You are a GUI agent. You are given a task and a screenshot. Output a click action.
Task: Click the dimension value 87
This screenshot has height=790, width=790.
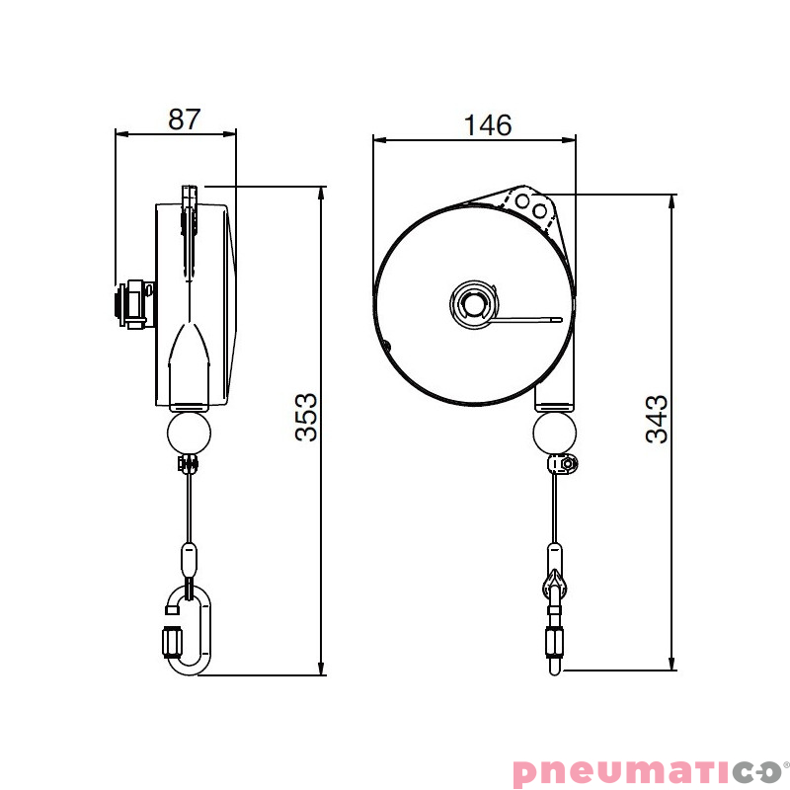point(184,118)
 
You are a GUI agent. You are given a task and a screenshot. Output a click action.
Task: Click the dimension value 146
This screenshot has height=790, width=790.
point(488,124)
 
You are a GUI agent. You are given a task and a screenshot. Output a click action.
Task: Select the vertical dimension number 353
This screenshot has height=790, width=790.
point(306,417)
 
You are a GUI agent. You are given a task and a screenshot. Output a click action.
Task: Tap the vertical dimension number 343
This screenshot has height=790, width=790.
point(657,419)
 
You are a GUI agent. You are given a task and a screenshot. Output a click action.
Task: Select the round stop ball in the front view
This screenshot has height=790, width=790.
point(554,433)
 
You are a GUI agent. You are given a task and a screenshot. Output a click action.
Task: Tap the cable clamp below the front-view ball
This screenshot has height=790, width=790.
point(564,464)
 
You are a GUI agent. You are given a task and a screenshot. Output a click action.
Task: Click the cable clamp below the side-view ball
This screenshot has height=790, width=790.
point(188,464)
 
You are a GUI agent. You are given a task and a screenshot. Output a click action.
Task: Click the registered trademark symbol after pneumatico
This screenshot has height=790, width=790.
point(786,763)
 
